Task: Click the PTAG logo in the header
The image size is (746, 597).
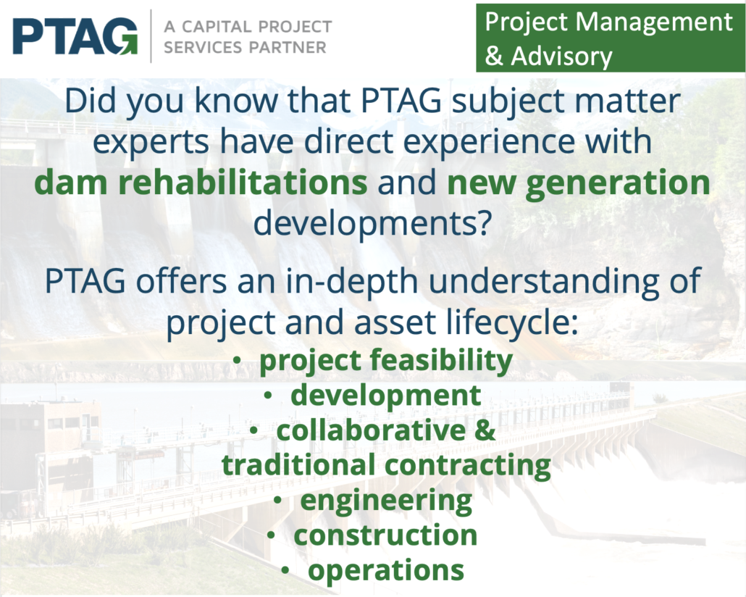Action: pyautogui.click(x=75, y=37)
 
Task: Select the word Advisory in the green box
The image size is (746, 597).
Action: pyautogui.click(x=561, y=57)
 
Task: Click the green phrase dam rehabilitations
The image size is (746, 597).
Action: pyautogui.click(x=201, y=183)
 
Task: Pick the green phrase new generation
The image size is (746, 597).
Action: pyautogui.click(x=579, y=183)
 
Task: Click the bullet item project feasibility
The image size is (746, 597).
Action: pyautogui.click(x=386, y=360)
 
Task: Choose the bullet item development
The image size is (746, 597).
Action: pyautogui.click(x=386, y=396)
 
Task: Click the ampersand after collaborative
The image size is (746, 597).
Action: pyautogui.click(x=485, y=430)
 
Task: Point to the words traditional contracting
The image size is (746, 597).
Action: pyautogui.click(x=386, y=465)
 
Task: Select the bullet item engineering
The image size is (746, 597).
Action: pyautogui.click(x=386, y=501)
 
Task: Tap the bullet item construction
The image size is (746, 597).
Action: pyautogui.click(x=385, y=535)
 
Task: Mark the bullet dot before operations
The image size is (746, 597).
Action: pyautogui.click(x=285, y=570)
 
